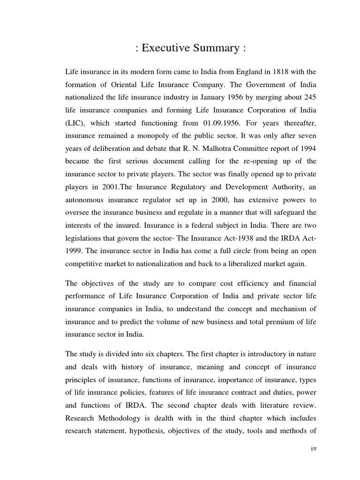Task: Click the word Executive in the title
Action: point(164,47)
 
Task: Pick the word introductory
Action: point(260,353)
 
